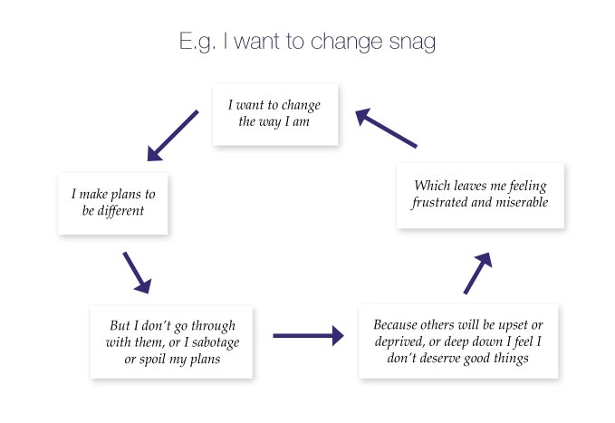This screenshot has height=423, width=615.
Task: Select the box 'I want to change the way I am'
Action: pos(274,113)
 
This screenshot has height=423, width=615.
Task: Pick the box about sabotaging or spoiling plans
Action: pos(171,342)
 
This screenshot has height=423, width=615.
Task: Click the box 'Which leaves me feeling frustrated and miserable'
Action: pos(480,195)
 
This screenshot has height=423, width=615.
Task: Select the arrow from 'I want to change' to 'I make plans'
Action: pos(172,136)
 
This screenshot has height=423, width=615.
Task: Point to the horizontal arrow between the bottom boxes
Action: pos(308,335)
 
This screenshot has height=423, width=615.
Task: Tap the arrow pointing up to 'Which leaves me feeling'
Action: pos(478,273)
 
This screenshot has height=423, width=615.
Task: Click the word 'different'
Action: pos(130,210)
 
